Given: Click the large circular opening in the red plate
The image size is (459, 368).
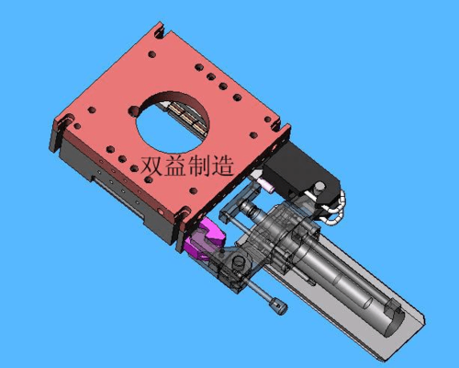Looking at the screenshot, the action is [173, 122].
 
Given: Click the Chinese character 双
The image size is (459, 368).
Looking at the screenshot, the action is [151, 166].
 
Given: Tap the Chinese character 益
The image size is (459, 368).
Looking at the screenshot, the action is [175, 166].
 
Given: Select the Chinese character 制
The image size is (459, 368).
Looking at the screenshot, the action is [199, 166].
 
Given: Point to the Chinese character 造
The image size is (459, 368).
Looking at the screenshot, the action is [222, 166].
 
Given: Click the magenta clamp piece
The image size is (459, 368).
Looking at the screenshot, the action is [206, 240].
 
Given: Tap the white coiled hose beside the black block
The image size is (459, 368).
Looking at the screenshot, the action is [337, 207].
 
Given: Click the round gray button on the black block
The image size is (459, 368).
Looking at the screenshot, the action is [319, 187].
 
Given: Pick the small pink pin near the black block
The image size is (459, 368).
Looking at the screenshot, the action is [265, 186].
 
